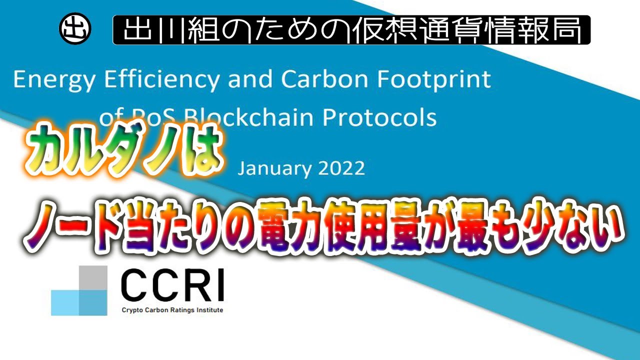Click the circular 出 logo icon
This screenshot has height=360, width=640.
tap(75, 29)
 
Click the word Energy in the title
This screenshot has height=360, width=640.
tap(53, 80)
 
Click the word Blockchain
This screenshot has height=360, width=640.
tap(248, 117)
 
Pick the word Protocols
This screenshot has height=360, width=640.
tap(379, 117)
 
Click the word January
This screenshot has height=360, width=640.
tap(274, 168)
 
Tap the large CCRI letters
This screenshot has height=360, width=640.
tap(172, 285)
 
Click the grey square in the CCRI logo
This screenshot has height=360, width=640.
tap(93, 277)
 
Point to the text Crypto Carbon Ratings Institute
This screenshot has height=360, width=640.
tap(172, 310)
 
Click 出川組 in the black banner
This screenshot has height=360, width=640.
tap(171, 29)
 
